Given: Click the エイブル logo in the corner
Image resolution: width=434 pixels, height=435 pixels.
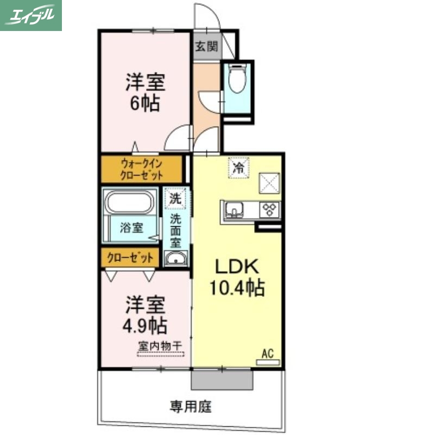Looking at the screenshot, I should [31, 15].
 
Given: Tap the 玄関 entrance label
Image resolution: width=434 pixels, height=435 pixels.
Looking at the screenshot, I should [206, 47].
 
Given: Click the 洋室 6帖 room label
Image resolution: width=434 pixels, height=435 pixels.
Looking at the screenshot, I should [145, 92].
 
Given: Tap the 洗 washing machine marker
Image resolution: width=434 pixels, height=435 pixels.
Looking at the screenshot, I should [175, 198].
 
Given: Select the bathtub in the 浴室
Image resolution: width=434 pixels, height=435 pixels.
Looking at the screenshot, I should [129, 204].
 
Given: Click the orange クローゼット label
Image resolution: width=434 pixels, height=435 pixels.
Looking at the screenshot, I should [130, 258].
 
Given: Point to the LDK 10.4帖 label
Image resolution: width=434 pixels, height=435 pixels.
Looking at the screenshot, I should [237, 276].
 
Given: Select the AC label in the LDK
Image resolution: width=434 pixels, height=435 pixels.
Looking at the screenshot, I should [267, 354].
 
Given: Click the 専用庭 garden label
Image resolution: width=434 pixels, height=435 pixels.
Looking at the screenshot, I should [190, 406].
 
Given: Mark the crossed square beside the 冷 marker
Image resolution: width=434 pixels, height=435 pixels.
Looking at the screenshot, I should [269, 182].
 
